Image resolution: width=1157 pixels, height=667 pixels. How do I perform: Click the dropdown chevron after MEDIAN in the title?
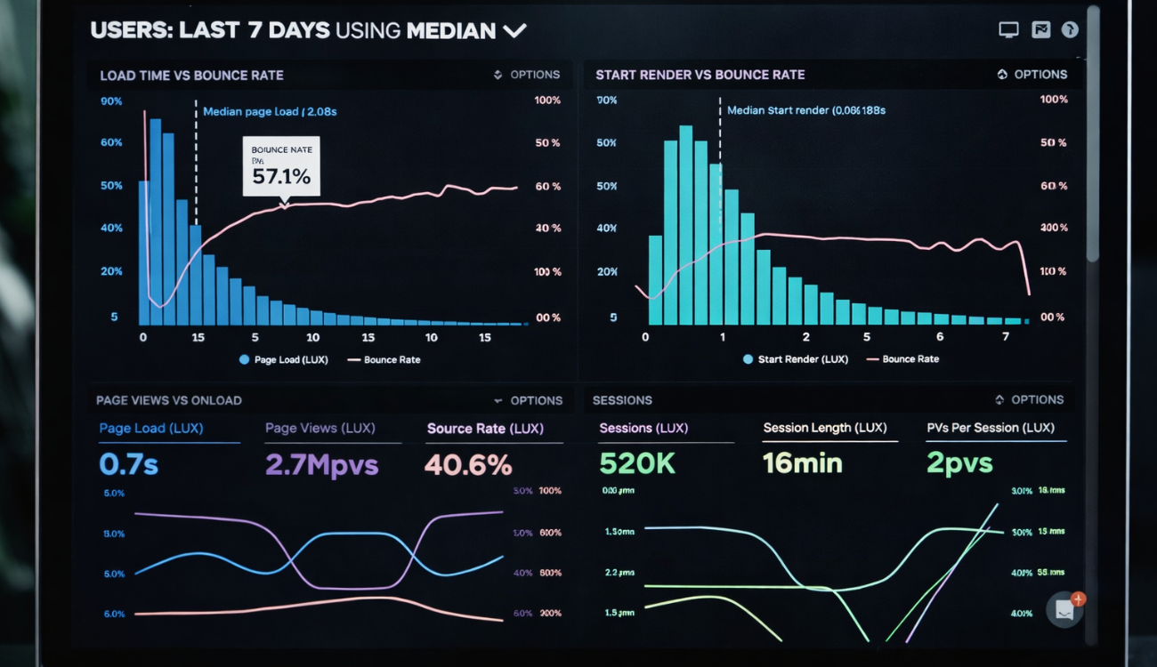pyautogui.click(x=514, y=31)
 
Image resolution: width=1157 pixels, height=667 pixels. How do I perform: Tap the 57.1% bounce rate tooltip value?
pyautogui.click(x=281, y=176)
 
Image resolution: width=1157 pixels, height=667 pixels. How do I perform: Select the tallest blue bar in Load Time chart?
pyautogui.click(x=156, y=221)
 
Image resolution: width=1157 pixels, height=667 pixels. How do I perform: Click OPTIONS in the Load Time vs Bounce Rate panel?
pyautogui.click(x=534, y=75)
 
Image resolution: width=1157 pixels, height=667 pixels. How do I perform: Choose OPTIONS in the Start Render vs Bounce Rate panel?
pyautogui.click(x=1040, y=75)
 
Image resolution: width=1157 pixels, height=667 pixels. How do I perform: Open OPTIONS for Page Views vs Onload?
pyautogui.click(x=536, y=400)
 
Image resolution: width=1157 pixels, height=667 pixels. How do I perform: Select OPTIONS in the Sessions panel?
pyautogui.click(x=1037, y=400)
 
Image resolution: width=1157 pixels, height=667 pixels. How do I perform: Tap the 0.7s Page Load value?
pyautogui.click(x=128, y=464)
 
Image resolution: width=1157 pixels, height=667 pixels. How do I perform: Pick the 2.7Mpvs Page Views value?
pyautogui.click(x=321, y=464)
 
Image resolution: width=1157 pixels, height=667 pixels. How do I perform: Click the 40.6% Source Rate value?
pyautogui.click(x=468, y=464)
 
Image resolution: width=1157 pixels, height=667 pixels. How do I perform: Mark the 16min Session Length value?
pyautogui.click(x=803, y=463)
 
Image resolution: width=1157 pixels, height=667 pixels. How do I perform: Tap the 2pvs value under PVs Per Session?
pyautogui.click(x=959, y=463)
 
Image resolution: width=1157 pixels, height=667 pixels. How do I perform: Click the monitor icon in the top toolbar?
pyautogui.click(x=1008, y=30)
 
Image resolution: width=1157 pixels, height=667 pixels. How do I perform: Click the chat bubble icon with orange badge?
pyautogui.click(x=1064, y=609)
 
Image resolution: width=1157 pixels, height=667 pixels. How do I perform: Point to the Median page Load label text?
pyautogui.click(x=270, y=112)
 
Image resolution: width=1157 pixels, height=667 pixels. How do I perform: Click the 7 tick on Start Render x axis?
pyautogui.click(x=1006, y=337)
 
